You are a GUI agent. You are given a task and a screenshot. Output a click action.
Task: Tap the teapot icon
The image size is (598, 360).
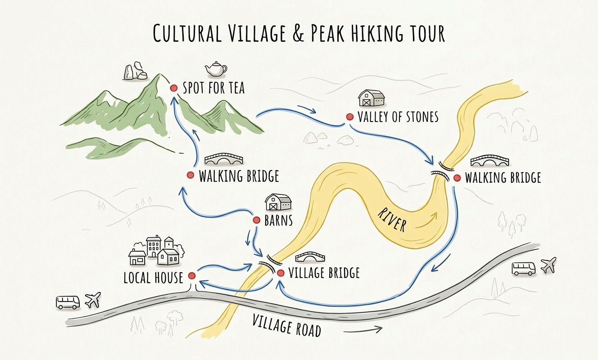pos(216,69)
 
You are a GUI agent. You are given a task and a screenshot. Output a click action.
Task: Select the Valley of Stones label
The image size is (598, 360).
pos(398,117)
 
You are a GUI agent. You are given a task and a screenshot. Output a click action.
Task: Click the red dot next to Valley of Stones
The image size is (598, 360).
pos(349,117)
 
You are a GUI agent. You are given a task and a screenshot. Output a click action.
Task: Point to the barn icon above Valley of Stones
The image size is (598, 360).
pos(371,98)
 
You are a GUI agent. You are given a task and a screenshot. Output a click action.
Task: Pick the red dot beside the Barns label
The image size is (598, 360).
pos(257,220)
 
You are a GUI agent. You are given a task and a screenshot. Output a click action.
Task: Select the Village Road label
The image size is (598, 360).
pos(286,326)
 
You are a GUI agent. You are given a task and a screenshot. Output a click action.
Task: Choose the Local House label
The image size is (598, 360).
pos(153,278)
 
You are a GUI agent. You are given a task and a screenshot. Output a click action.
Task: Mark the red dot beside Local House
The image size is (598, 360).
pos(191,275)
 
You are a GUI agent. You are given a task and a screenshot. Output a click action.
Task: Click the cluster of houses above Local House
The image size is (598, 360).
pos(156,250)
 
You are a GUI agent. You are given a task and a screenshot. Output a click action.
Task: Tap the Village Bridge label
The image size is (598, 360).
pos(323,273)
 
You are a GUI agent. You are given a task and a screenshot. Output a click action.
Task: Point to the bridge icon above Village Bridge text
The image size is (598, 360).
pos(310,257)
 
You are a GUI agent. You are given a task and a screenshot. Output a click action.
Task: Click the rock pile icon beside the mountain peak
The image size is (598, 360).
pos(134,71)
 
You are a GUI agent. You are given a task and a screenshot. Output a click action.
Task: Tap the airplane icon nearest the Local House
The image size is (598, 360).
pos(93,300)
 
